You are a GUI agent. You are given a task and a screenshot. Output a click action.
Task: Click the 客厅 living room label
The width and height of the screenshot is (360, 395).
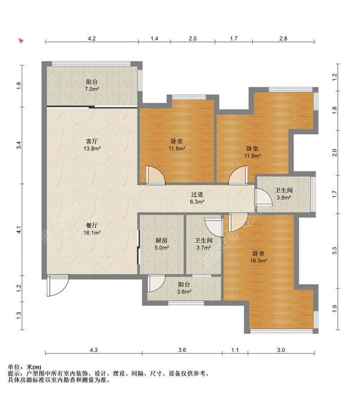point(92,141)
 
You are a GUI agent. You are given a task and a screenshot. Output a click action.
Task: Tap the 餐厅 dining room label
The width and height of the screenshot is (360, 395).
point(92,225)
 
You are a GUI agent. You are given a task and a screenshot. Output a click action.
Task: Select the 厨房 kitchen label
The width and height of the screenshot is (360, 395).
point(161,240)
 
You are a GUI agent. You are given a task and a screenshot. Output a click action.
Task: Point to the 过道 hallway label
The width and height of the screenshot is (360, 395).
point(197,195)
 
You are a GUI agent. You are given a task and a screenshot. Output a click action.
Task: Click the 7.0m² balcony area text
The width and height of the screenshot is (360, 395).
point(92,89)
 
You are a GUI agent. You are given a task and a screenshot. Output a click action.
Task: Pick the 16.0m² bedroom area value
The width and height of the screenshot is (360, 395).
point(259,261)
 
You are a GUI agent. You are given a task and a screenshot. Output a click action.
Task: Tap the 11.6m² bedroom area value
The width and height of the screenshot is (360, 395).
point(177,149)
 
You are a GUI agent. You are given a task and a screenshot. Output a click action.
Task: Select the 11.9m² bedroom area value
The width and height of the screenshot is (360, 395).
point(252,156)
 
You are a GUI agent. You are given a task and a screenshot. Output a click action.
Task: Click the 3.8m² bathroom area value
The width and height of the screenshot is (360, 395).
point(284,198)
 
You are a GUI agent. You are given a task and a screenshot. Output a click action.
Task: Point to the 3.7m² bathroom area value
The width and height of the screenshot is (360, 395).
point(203,248)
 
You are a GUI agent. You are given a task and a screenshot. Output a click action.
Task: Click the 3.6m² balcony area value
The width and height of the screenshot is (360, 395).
point(184,292)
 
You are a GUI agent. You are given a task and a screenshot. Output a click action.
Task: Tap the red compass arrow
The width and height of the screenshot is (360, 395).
point(21,41)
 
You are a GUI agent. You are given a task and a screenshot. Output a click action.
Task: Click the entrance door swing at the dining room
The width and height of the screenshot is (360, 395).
point(58,285)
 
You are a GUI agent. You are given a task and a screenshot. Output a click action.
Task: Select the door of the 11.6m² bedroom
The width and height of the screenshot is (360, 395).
point(155,174)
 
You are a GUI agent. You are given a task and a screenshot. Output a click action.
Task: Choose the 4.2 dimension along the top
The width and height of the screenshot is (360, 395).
point(92,38)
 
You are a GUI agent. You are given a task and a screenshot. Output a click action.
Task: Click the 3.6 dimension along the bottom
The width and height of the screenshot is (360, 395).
point(182,350)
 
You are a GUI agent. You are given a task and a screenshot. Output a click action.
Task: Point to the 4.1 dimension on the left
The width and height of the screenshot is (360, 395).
point(19,230)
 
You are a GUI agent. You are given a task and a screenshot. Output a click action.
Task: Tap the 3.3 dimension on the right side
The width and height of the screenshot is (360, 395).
point(335,251)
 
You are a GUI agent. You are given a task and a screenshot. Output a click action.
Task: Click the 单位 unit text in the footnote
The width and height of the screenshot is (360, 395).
point(13,367)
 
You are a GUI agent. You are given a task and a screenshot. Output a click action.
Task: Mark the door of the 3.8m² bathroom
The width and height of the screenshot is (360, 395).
point(263,197)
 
